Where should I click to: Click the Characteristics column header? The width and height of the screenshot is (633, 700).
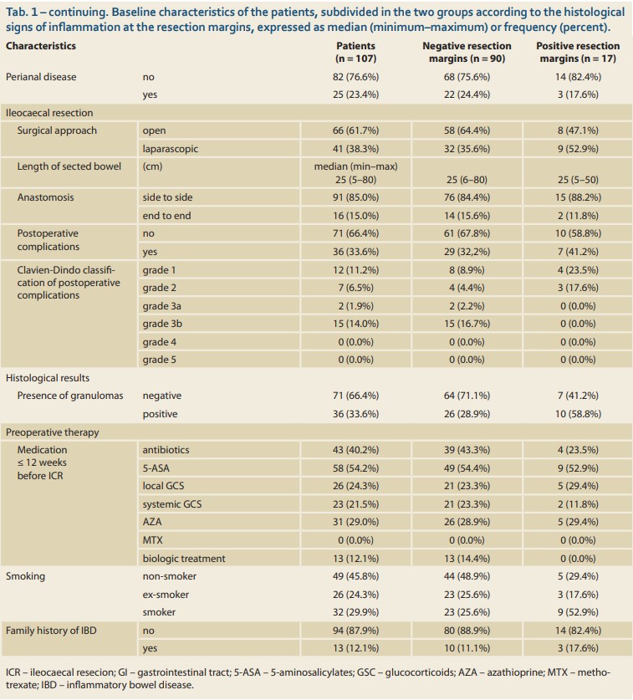point(41,46)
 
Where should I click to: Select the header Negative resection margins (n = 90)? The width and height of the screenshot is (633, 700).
point(467,52)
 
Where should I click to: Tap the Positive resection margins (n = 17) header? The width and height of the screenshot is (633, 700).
point(578,52)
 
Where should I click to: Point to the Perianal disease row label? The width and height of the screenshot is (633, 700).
point(41,77)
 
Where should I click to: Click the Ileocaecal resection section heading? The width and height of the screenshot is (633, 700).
point(49,113)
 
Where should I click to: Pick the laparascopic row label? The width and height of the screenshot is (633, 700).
point(170,149)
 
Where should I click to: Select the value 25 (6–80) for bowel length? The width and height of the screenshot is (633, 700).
point(467,180)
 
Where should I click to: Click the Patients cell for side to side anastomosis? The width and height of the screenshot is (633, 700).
point(355,197)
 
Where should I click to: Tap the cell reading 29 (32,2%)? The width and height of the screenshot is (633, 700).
point(467,252)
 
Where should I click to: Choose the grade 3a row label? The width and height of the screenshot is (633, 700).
point(161,306)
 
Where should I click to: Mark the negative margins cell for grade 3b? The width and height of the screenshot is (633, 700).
point(467,324)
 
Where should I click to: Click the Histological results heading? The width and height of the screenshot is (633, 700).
point(48,378)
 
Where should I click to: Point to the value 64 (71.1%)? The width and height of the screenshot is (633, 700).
point(467,396)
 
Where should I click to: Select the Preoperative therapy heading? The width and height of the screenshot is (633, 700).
point(52,432)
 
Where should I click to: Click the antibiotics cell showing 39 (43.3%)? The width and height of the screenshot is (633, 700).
point(467,450)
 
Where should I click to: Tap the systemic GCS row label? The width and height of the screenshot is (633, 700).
point(172,504)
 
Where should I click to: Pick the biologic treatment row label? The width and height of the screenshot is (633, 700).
point(183,559)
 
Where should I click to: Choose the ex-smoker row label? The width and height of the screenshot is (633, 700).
point(166,595)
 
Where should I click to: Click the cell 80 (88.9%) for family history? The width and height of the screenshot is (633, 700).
point(467,631)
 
